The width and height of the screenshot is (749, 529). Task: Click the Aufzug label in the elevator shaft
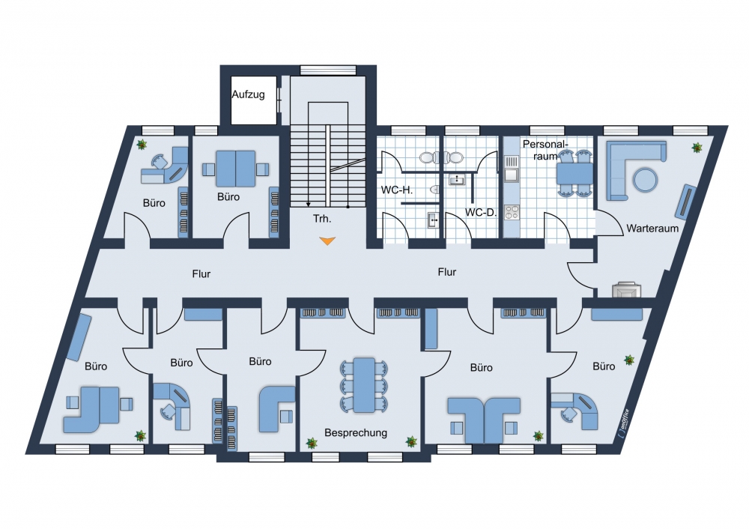pos(249,94)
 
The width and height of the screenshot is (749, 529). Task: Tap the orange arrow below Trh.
pos(327,241)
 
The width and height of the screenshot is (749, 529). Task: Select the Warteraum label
pos(652,229)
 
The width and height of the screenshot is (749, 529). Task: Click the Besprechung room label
pos(356,433)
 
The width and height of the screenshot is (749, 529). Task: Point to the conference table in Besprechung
pos(364,385)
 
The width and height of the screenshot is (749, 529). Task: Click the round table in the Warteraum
pos(646,180)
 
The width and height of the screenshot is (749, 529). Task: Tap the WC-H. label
pos(396,190)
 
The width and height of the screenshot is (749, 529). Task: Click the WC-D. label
pos(481,212)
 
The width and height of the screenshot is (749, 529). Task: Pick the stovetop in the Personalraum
pos(512,212)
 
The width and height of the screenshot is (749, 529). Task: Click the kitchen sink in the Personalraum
pos(512,175)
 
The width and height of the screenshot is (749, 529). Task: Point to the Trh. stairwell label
pos(322,219)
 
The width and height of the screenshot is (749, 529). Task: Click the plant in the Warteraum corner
pos(697,148)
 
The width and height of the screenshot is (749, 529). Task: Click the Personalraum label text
pos(545,150)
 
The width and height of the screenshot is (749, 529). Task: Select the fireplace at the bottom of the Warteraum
pos(626,289)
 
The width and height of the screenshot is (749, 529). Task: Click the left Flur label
pos(201,273)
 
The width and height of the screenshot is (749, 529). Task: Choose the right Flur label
pos(446,272)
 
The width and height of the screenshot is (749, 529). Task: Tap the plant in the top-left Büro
pos(142,144)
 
